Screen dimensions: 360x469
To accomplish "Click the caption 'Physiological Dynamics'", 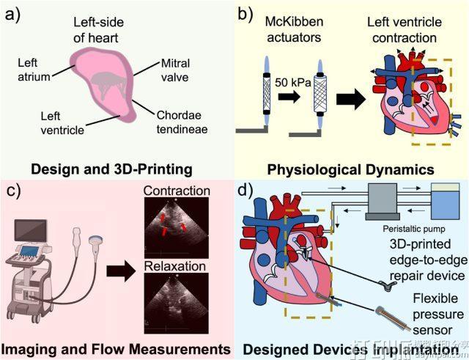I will [x=350, y=170].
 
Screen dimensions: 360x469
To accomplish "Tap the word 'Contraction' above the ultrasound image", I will [x=177, y=191].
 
